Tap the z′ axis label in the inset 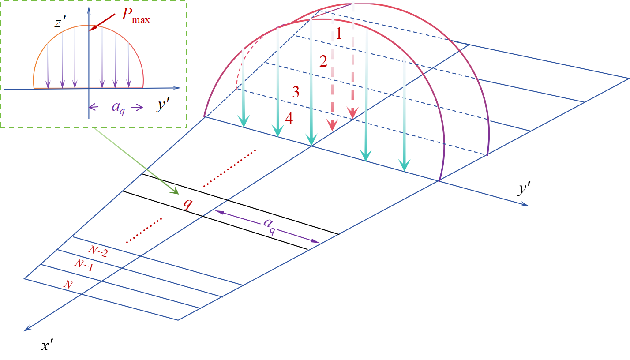point(60,22)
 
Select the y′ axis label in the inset point(164,106)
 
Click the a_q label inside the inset point(117,107)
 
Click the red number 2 point(323,62)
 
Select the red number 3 point(296,92)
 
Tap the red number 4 point(289,119)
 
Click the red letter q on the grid point(188,203)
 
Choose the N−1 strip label point(84,265)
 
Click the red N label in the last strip point(68,285)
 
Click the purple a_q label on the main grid point(269,225)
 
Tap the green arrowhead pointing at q point(176,191)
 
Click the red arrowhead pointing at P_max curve point(91,29)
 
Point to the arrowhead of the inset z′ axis point(89,9)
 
